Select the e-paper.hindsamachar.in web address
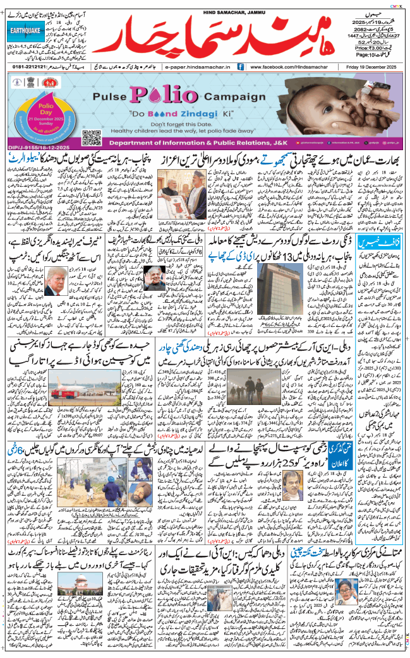tap(197, 66)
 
